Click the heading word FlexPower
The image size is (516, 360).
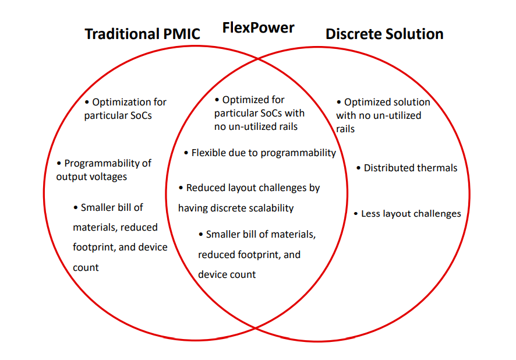pos(258,27)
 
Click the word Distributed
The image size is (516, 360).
pos(387,168)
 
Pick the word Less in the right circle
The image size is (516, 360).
pos(372,214)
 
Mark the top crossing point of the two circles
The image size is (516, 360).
pos(257,58)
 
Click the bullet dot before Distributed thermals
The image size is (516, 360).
pos(359,168)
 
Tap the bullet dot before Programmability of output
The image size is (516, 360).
pos(59,163)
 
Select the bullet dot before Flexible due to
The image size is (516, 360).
pos(186,153)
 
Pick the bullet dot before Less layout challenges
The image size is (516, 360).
pos(356,214)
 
